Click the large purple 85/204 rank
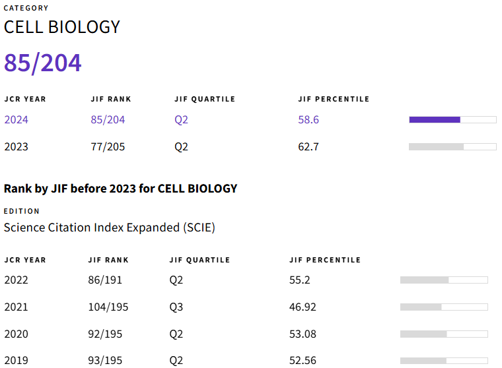pos(43,63)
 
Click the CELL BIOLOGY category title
pos(62,27)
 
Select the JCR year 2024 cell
pos(17,120)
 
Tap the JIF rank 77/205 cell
pos(108,146)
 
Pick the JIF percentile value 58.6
pos(308,120)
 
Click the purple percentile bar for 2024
pos(452,119)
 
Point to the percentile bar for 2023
pos(452,146)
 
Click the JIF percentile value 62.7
pos(308,146)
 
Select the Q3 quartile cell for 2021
pos(176,307)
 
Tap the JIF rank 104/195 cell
pos(108,307)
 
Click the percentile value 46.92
pos(303,307)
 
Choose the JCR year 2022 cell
pos(17,280)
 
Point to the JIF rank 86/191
pos(105,280)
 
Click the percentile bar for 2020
pos(444,334)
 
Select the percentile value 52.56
pos(303,360)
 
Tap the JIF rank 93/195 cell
pos(105,360)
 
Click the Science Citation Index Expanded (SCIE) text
pos(110,228)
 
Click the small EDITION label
pos(22,211)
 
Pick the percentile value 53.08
pos(303,334)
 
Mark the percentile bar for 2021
pos(444,307)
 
